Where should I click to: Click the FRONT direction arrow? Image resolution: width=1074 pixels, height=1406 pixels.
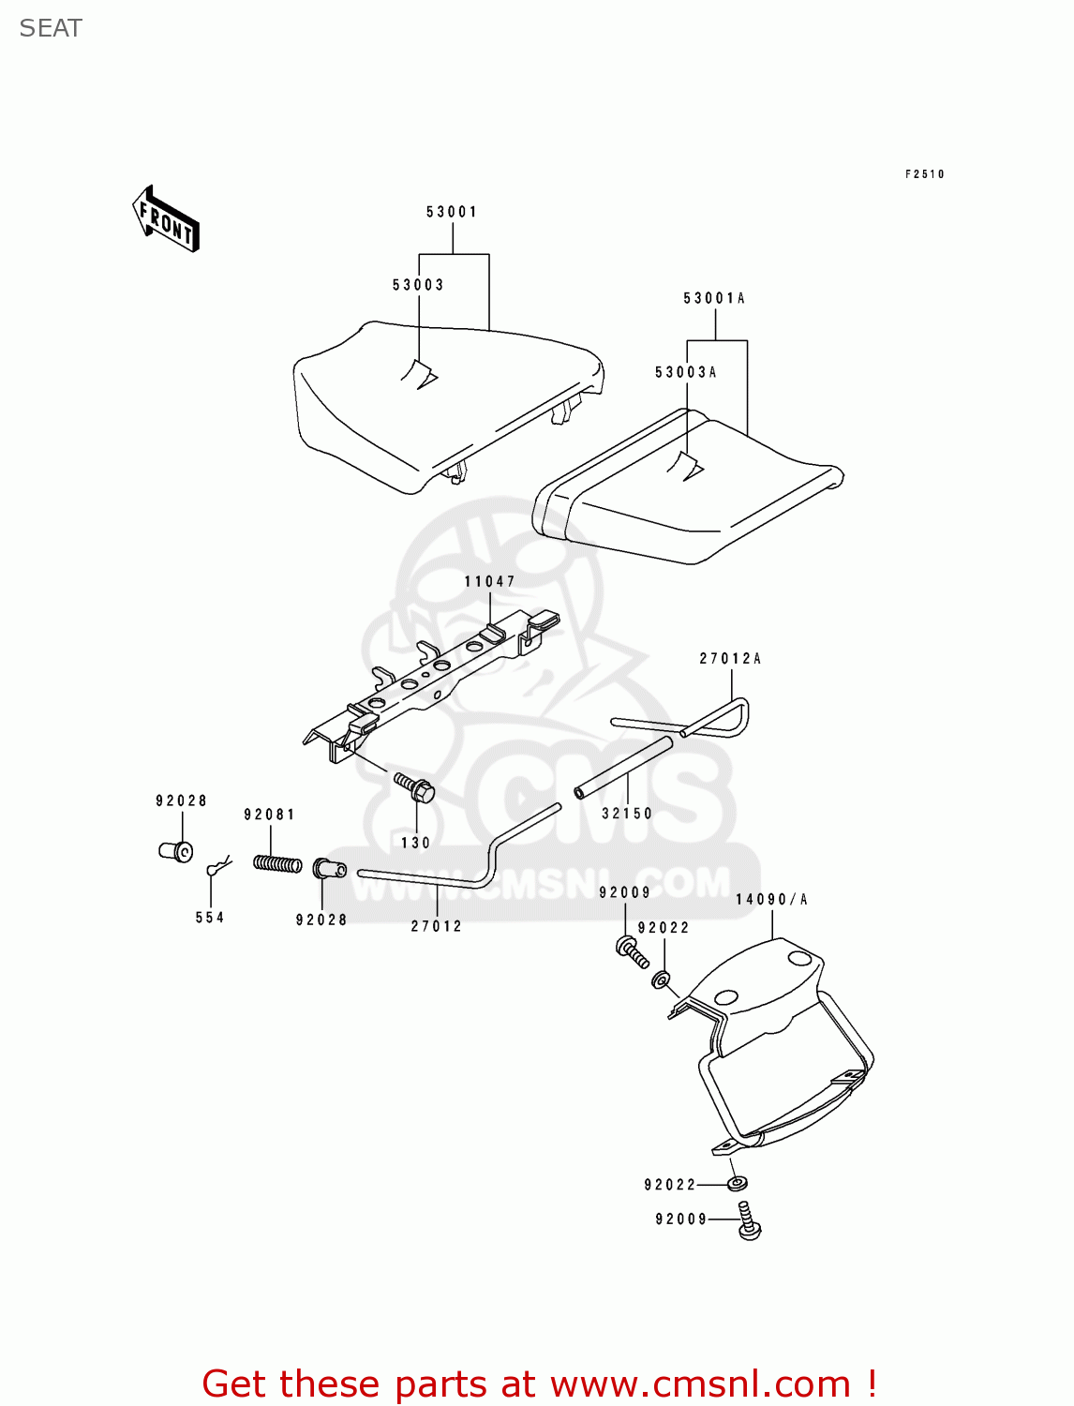tap(166, 219)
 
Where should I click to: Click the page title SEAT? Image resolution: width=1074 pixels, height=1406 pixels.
tap(51, 28)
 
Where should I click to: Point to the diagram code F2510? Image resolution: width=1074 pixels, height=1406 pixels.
tap(924, 174)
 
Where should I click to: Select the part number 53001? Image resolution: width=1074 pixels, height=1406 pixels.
tap(452, 212)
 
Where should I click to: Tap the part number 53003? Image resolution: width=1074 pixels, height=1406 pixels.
tap(418, 285)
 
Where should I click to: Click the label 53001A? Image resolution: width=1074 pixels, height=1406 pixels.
tap(714, 299)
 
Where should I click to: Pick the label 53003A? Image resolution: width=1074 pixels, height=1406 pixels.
tap(686, 373)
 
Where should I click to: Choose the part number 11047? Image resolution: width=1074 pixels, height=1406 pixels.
tap(490, 582)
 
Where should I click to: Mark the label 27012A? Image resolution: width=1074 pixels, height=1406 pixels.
tap(730, 659)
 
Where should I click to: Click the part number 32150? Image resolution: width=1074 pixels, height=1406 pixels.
tap(627, 814)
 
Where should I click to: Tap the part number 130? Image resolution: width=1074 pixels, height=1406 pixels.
tap(415, 843)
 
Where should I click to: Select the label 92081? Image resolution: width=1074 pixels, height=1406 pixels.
tap(270, 815)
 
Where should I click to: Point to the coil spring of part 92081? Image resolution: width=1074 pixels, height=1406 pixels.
tap(277, 863)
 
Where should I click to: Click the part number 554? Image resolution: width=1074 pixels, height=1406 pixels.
tap(210, 918)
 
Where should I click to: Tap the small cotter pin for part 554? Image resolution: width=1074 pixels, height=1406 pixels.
tap(217, 865)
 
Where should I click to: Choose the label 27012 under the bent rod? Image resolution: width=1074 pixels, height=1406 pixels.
tap(437, 926)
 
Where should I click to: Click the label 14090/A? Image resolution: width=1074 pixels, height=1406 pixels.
tap(771, 900)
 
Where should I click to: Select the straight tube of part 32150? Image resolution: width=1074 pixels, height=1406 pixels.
tap(624, 768)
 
